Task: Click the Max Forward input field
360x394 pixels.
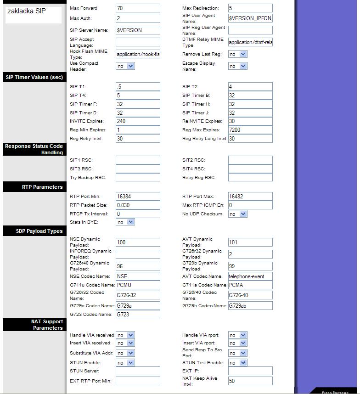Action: tap(138, 8)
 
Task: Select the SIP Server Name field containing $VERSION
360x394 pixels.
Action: tap(138, 30)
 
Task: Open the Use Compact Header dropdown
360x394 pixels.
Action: tap(125, 66)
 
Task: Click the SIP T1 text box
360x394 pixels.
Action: tap(138, 87)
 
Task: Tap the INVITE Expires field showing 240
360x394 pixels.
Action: tap(138, 121)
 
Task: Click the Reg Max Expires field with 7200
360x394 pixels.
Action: tap(250, 130)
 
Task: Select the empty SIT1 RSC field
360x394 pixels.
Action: tap(138, 160)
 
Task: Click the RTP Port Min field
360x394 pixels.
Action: tap(138, 197)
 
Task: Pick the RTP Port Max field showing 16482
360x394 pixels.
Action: tap(250, 197)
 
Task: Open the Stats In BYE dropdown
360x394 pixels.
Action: tap(125, 222)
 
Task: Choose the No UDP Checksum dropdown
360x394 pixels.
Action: tap(237, 214)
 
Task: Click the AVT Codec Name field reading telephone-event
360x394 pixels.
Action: tap(250, 276)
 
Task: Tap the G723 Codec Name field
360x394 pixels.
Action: tap(138, 315)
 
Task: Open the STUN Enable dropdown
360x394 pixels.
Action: tap(125, 363)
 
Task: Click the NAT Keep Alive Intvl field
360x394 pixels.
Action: tap(250, 381)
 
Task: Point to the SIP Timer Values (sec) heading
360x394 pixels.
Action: tap(34, 78)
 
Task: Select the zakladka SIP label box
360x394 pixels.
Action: tap(34, 15)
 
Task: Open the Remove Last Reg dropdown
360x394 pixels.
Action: tap(237, 54)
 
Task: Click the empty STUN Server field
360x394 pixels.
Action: tap(138, 371)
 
